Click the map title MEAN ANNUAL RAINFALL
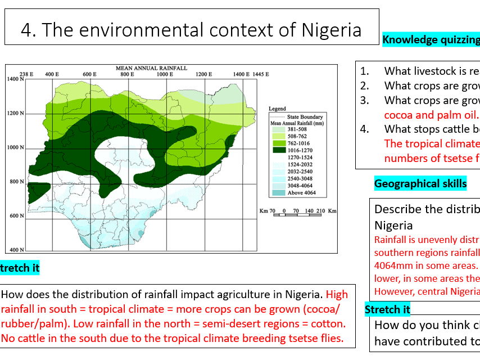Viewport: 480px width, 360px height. pyautogui.click(x=151, y=67)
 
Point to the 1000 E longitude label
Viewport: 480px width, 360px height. pyautogui.click(x=165, y=74)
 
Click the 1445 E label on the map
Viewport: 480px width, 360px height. pyautogui.click(x=259, y=74)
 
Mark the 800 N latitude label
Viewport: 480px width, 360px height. pyautogui.click(x=15, y=182)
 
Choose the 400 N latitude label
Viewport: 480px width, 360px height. pyautogui.click(x=15, y=250)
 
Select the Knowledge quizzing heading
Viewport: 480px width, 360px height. pyautogui.click(x=431, y=39)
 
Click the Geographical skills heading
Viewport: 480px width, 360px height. pyautogui.click(x=420, y=183)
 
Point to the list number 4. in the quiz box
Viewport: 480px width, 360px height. pyautogui.click(x=365, y=129)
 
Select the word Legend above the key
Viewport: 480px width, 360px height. pyautogui.click(x=277, y=109)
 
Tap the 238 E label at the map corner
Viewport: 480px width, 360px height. pyautogui.click(x=27, y=74)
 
